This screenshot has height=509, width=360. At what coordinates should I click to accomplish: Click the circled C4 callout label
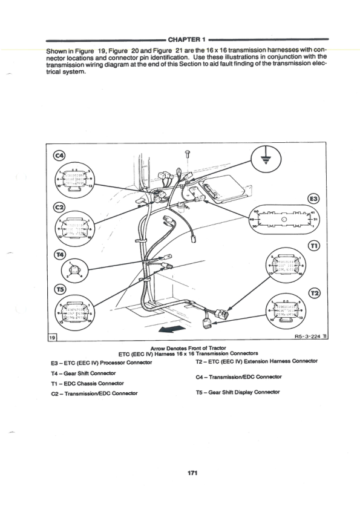click(x=59, y=156)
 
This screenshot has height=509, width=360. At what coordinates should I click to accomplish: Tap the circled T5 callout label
click(x=59, y=289)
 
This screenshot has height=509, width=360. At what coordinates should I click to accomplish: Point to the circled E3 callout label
click(x=313, y=198)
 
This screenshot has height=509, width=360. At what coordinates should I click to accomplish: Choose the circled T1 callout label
click(x=313, y=245)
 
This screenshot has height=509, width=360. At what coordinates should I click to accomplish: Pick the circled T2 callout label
click(x=313, y=292)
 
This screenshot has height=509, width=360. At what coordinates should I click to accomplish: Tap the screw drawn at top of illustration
click(x=188, y=155)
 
